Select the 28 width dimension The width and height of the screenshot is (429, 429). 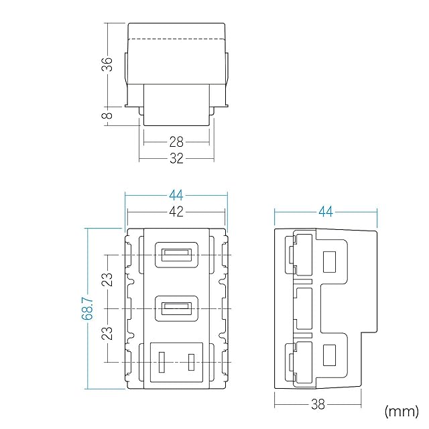[176, 142]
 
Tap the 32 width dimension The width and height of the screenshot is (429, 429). [176, 159]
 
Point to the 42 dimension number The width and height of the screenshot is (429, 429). [176, 211]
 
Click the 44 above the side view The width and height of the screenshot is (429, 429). [326, 212]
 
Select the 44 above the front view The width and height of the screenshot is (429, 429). [176, 195]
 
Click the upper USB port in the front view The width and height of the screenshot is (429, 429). [176, 255]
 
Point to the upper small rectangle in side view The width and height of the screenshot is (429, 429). [329, 261]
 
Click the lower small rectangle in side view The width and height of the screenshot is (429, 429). [329, 356]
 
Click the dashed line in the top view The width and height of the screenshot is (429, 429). [176, 41]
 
